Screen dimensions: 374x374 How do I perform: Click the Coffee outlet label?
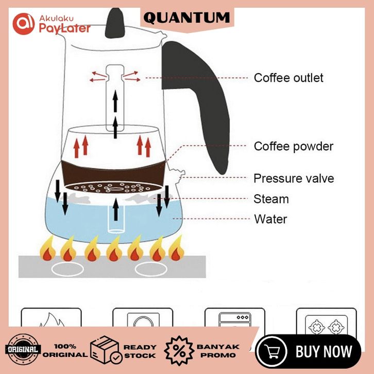coord(288,78)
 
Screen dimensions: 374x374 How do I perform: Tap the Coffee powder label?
coord(293,146)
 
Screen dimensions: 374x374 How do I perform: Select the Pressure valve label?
coord(294,178)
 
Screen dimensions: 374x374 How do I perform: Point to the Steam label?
coord(271,199)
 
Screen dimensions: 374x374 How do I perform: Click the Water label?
coord(270,219)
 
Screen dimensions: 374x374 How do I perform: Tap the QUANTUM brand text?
coord(186,18)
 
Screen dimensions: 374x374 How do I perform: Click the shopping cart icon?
coord(274,352)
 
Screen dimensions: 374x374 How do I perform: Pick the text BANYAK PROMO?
coord(218,351)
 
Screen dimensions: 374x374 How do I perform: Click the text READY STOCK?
coord(140,351)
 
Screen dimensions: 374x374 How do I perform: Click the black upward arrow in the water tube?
coord(116,210)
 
